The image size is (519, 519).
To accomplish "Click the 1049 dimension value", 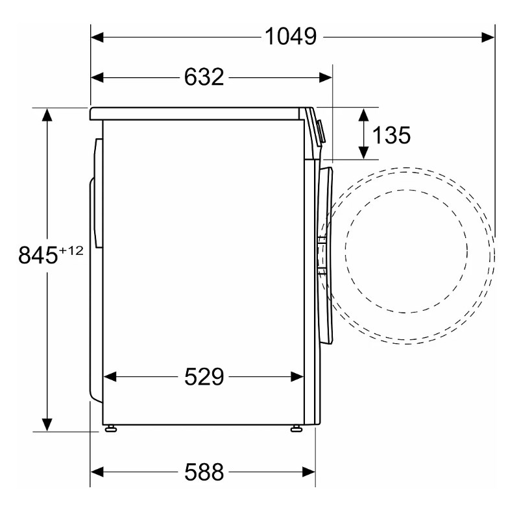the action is point(291,36).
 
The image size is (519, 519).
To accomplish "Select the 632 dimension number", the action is point(204,77).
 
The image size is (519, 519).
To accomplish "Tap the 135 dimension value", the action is point(391,135).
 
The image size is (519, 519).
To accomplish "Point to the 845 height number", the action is point(38,255).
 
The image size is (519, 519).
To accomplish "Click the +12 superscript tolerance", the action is point(71,250).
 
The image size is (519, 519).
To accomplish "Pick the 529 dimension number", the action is point(204,377).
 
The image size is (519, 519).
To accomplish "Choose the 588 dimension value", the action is point(204,472).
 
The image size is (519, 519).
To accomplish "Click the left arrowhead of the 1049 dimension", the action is point(97,38).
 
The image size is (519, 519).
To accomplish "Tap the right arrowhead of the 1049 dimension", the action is point(489,38).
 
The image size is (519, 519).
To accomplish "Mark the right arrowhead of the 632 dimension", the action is point(326,78).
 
